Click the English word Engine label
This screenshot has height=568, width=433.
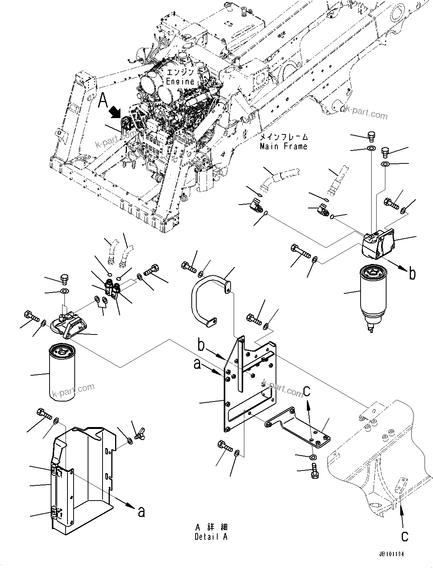[180, 81]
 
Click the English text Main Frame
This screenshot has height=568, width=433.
[283, 146]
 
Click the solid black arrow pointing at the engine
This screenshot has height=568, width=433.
[115, 112]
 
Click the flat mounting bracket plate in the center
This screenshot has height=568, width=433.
[248, 385]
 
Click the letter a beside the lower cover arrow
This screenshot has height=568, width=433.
[141, 512]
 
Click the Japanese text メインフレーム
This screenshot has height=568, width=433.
[284, 137]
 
